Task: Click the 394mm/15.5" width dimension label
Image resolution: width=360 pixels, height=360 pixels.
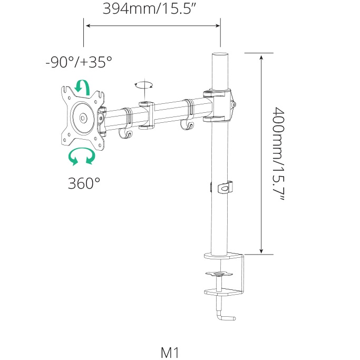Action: [x=149, y=8]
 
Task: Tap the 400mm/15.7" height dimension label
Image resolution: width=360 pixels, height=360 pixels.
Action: [x=278, y=153]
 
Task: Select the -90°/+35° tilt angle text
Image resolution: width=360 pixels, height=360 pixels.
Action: [x=79, y=62]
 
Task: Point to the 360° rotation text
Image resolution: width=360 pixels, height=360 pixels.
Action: [x=84, y=183]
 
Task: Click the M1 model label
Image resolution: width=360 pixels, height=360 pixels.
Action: [x=170, y=353]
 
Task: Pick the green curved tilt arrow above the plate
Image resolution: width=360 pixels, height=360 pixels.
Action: [x=83, y=87]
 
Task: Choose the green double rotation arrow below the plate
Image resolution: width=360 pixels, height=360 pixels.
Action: [x=82, y=156]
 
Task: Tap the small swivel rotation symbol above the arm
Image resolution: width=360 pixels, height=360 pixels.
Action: [x=144, y=85]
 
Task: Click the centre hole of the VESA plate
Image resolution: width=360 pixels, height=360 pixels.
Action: [x=83, y=118]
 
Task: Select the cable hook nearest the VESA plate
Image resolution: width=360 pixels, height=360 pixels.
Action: [x=125, y=134]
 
